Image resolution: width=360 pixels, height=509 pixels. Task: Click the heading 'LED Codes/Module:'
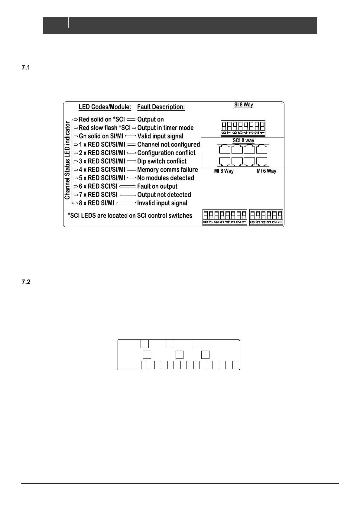coord(105,107)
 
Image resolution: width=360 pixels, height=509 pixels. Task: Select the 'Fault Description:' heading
coord(161,107)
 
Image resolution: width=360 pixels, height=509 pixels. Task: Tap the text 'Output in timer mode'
coord(165,128)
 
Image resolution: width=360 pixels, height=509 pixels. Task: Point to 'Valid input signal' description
coord(160,136)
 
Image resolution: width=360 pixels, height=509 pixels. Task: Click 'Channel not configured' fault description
coord(168,144)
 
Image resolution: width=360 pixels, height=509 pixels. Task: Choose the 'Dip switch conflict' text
coord(162,161)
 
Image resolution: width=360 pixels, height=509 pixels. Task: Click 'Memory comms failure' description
coord(167,170)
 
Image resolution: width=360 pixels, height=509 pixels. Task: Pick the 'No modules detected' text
coord(165,178)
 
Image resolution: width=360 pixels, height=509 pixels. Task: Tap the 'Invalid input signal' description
coord(162,203)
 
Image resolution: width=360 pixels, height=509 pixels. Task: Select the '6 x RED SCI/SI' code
coord(98,186)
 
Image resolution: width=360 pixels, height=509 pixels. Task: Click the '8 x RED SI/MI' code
coord(96,203)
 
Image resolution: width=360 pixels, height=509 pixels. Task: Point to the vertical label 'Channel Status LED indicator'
coord(67,160)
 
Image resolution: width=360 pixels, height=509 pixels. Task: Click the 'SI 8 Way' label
coord(244,105)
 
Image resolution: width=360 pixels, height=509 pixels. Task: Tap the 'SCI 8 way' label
coord(243,141)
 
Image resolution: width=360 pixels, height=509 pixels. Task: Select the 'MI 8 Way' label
coord(224,171)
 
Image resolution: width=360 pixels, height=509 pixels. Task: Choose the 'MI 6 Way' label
coord(266,171)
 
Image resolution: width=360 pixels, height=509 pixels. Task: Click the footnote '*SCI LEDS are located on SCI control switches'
coord(130,216)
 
